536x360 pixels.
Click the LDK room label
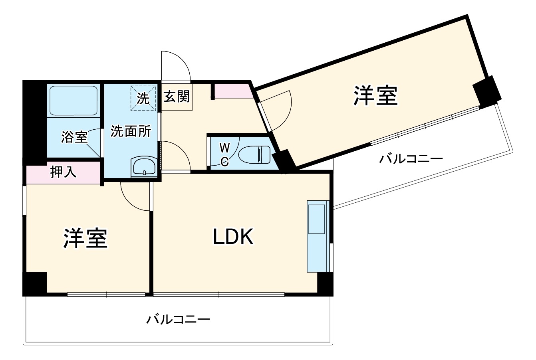pos(233,237)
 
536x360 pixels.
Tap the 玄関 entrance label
pos(177,96)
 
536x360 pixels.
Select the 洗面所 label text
pos(131,131)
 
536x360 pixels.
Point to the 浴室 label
pos(74,137)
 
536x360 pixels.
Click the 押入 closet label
pos(63,172)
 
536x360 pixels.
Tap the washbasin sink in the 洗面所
pos(144,166)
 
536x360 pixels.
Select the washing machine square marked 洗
pos(143,98)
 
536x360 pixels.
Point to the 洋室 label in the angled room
pos(375,96)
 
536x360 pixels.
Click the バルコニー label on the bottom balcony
pos(178,320)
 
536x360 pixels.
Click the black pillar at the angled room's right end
pos(486,91)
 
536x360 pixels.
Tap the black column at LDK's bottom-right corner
pos(325,283)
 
